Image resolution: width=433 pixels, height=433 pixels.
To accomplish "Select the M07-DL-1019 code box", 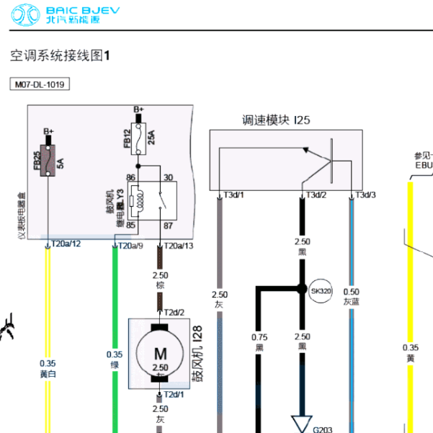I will point(40,84).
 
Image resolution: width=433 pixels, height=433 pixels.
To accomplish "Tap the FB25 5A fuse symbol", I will point(48,159).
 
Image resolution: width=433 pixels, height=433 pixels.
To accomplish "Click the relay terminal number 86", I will point(130,177).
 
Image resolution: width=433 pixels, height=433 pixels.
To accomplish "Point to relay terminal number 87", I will point(169,226).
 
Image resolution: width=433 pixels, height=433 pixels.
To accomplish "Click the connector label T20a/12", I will point(66,245).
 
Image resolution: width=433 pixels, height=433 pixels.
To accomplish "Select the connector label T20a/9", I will point(130,246).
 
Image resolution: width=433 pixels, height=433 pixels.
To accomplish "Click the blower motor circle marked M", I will point(159,352).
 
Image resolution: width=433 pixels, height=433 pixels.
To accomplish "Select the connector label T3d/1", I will point(233,195).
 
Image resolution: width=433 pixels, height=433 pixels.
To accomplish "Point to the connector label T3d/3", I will point(365,195).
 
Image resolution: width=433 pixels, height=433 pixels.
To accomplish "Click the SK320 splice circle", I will point(321,292).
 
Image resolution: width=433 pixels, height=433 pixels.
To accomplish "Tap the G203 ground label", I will point(322,429).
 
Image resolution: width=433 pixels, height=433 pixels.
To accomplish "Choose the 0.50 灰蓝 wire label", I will point(351,297).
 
